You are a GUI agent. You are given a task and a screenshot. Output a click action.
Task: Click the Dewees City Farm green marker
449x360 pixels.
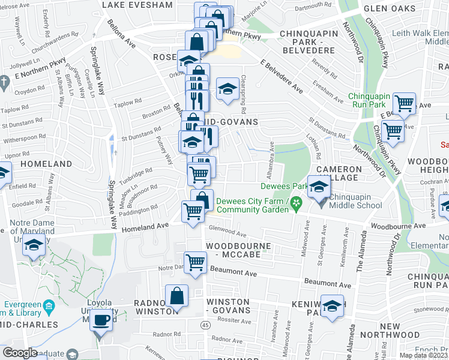point(296,205)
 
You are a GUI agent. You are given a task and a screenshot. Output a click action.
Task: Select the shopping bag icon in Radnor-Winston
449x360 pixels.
point(177,296)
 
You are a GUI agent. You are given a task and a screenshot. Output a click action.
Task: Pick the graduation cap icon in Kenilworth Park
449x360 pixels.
point(331,307)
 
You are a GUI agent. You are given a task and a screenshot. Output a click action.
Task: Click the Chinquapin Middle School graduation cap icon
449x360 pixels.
point(319,187)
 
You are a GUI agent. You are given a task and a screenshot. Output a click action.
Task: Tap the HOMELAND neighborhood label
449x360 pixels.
point(46,164)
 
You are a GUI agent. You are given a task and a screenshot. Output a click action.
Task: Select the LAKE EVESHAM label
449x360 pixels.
point(137,5)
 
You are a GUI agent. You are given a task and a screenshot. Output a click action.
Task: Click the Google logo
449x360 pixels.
point(20,353)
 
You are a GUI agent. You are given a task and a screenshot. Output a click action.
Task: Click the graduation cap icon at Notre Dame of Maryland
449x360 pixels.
point(34,247)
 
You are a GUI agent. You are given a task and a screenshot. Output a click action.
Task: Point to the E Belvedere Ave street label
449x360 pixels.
point(282,75)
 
